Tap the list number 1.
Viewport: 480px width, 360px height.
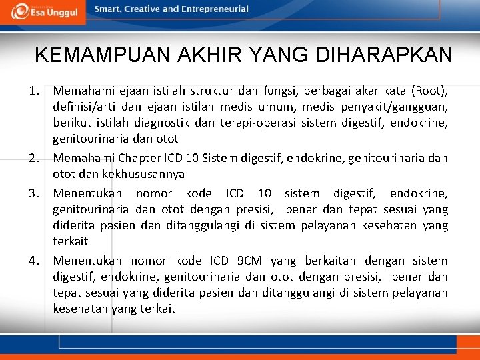39,89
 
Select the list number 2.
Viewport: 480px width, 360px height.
38,159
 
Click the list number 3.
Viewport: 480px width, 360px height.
38,194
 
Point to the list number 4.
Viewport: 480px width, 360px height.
38,261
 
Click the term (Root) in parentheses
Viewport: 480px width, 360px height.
429,89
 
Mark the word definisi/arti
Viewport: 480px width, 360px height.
83,106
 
